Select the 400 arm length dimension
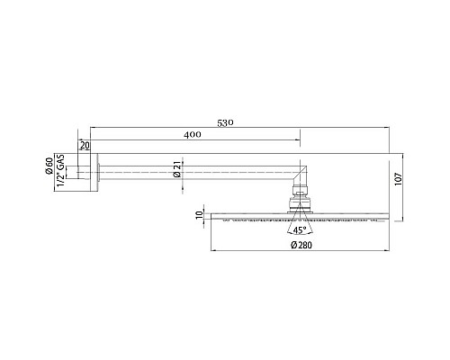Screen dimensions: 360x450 (x=191, y=135)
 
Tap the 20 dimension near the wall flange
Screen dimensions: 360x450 (x=85, y=145)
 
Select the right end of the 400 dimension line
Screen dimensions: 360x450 (x=300, y=141)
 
